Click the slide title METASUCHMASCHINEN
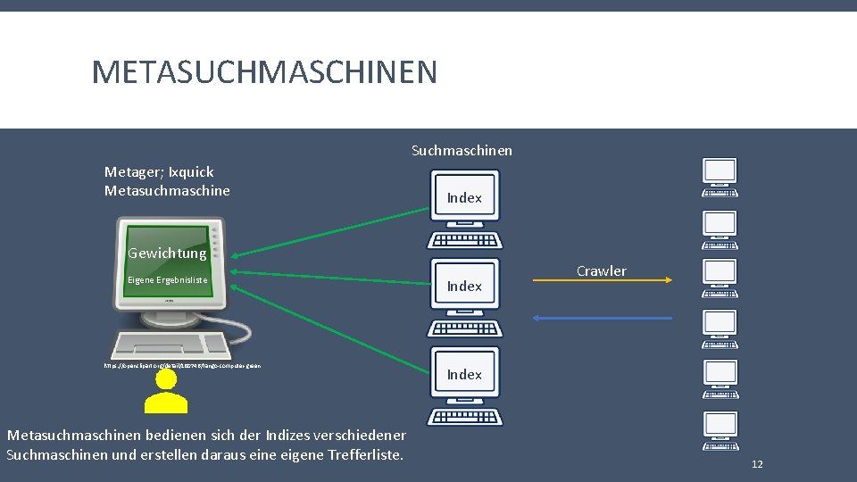[x=264, y=72]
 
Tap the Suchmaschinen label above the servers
[x=462, y=150]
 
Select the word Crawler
[x=601, y=270]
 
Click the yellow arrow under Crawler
[x=602, y=280]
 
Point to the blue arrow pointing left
[x=602, y=317]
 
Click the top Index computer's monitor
[x=464, y=197]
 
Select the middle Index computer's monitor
[x=464, y=286]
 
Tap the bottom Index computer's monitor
[x=464, y=374]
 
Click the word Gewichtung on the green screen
[x=167, y=253]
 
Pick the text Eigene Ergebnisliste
[x=168, y=280]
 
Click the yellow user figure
[x=165, y=391]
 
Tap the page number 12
[x=757, y=464]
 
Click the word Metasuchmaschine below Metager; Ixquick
[x=167, y=190]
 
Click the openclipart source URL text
[x=182, y=365]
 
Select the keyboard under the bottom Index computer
[x=464, y=417]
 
